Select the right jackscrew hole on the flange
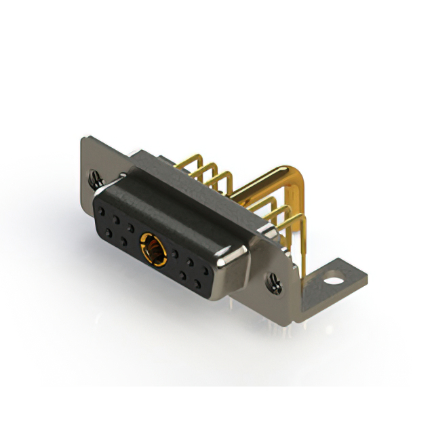[275, 278]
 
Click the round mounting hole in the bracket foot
[332, 277]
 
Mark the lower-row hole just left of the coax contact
[125, 242]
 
